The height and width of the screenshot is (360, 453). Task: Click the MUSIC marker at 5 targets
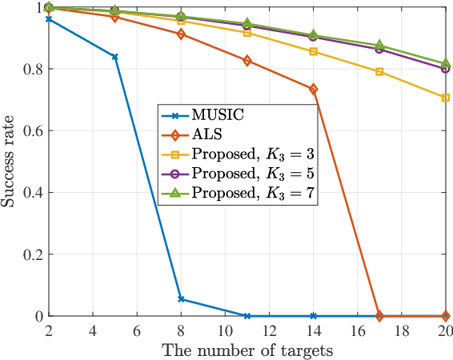(115, 57)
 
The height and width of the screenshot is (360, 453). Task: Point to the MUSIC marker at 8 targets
(181, 299)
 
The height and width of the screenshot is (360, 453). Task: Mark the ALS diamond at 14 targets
(313, 89)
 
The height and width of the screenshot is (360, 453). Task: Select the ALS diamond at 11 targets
(247, 61)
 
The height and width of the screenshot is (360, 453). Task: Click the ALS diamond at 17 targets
(379, 316)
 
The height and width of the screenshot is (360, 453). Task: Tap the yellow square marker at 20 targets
(445, 98)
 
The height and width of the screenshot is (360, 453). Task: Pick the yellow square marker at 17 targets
(379, 72)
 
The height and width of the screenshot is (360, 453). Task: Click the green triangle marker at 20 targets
(445, 63)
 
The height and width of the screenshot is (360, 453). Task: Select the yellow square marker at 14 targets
(313, 51)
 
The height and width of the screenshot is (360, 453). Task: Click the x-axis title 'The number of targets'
(247, 350)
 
